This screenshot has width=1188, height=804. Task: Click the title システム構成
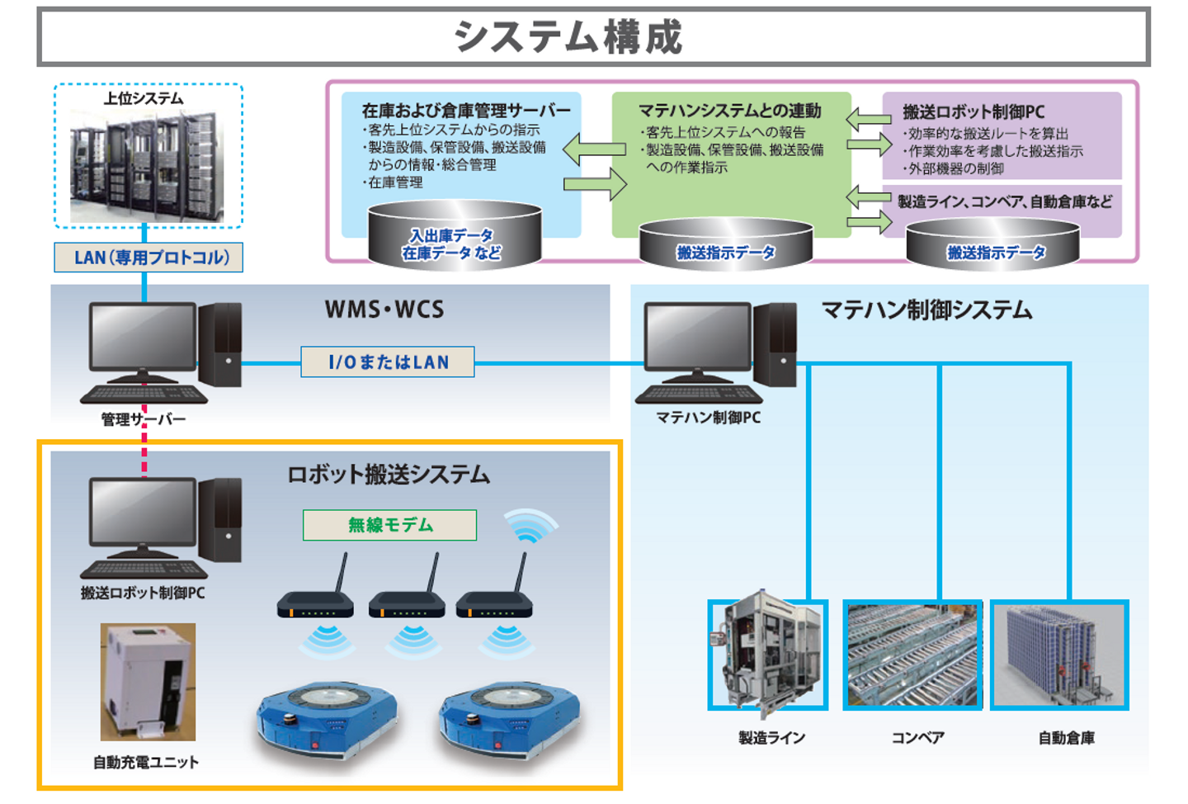[x=568, y=37]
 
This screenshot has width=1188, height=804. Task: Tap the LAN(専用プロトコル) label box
[x=148, y=258]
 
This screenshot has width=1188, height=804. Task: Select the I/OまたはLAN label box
[x=388, y=362]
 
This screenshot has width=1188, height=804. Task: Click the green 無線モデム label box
[x=389, y=525]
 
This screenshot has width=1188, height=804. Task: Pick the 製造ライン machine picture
[x=768, y=655]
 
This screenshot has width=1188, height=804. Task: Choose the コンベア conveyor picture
[x=912, y=655]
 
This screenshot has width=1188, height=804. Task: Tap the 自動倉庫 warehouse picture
[x=1059, y=655]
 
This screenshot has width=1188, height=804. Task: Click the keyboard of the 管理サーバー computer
[x=144, y=395]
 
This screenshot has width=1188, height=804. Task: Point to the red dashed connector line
[x=144, y=446]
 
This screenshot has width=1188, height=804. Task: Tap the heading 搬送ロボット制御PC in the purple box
[x=973, y=112]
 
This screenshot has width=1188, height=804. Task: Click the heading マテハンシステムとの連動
[x=730, y=111]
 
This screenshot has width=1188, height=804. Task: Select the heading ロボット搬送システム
[x=388, y=475]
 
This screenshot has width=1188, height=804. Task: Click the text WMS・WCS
[x=384, y=310]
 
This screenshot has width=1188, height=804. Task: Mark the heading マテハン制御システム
[x=926, y=310]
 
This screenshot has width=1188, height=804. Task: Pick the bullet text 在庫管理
[x=394, y=182]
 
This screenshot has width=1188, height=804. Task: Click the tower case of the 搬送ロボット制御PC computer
[x=220, y=520]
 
